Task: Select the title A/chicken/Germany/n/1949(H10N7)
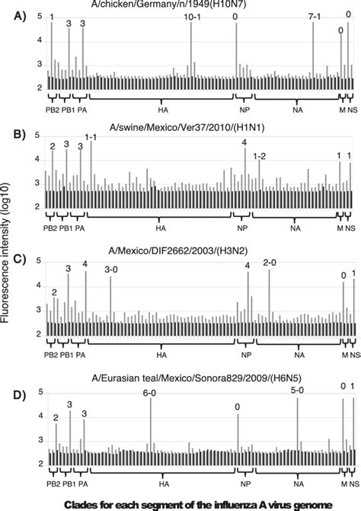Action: point(187,5)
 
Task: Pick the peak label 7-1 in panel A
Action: point(315,17)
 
